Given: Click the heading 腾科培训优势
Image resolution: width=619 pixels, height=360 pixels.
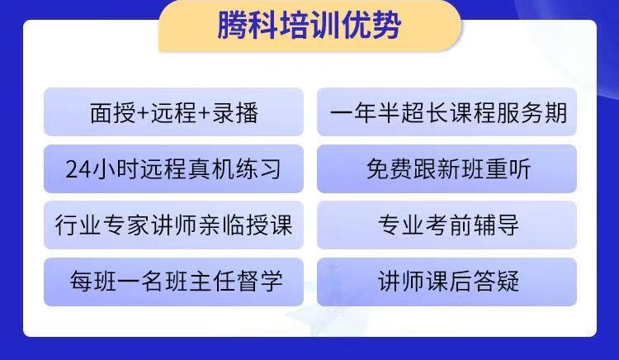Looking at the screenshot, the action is [x=309, y=26].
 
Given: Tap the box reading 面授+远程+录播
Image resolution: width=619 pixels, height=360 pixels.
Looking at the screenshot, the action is [x=173, y=112].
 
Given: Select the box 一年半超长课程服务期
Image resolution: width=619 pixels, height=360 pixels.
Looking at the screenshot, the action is [x=447, y=112].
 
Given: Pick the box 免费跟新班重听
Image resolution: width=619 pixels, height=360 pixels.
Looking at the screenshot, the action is [x=447, y=169].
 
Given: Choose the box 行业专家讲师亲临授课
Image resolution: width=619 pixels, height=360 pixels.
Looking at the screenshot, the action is [x=173, y=225].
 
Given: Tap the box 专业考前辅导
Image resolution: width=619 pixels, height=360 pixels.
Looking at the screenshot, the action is [x=447, y=225].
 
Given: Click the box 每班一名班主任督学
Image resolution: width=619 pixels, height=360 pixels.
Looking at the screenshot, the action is [x=173, y=282].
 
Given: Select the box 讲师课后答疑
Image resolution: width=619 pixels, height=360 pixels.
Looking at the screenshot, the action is [x=447, y=282].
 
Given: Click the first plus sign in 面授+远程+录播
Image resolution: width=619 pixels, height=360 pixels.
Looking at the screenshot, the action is [x=143, y=113].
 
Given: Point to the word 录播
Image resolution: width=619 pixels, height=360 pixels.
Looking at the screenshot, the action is [x=235, y=112].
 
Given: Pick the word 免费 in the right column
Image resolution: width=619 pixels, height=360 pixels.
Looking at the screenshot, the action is [x=390, y=169].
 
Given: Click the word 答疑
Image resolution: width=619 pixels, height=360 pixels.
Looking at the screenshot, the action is [x=497, y=282].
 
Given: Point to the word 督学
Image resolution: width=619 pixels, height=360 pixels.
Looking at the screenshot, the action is [x=260, y=282].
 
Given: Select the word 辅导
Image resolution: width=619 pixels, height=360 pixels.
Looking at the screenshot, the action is [x=497, y=225].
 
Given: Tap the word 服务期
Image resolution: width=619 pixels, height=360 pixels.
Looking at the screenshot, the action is [x=532, y=112].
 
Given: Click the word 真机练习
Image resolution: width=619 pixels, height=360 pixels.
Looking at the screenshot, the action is [x=235, y=169].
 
